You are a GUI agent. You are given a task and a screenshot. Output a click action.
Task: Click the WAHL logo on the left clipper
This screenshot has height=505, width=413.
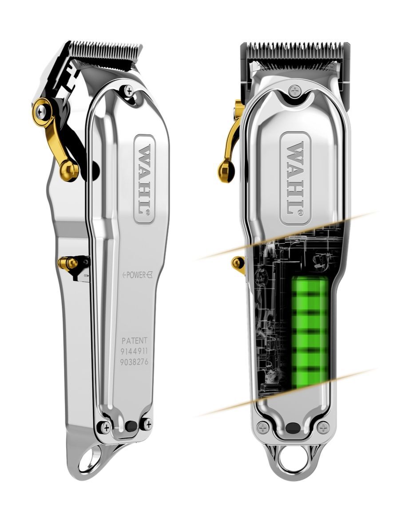tap(144, 179)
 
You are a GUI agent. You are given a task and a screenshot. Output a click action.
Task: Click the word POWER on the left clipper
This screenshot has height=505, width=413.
tap(136, 275)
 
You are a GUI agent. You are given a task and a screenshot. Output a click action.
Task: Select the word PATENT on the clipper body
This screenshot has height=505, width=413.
tap(134, 341)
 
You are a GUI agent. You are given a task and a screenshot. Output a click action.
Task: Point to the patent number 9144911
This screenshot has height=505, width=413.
tap(135, 352)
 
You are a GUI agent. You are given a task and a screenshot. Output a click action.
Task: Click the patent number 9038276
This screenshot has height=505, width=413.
tap(135, 362)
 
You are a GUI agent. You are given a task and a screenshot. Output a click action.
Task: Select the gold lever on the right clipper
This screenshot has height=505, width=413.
tap(232, 142)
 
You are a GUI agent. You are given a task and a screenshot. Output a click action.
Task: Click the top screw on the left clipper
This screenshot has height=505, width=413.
tap(129, 91)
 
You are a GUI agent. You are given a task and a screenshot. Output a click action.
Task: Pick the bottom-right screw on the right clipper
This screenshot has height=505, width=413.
tap(324, 428)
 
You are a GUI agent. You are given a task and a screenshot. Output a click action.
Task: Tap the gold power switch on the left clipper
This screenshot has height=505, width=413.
tap(69, 264)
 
